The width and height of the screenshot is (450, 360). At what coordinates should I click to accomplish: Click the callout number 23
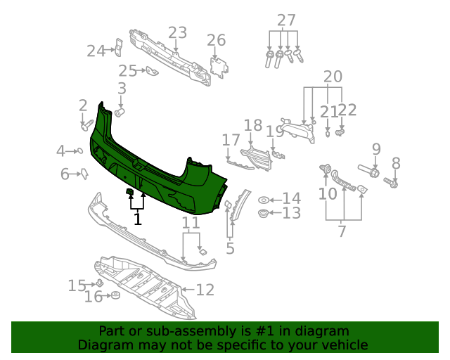(x=177, y=32)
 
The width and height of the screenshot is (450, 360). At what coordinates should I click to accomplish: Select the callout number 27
(x=286, y=20)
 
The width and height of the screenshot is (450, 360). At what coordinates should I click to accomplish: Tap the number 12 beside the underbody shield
(x=205, y=289)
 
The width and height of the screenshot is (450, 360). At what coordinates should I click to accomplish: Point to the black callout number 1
(x=138, y=219)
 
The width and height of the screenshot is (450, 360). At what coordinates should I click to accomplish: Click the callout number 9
(x=376, y=149)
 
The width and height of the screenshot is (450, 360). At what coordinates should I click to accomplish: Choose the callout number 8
(x=396, y=163)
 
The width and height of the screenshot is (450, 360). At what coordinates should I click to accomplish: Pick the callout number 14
(x=291, y=199)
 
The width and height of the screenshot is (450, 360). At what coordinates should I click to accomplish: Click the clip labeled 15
(x=100, y=283)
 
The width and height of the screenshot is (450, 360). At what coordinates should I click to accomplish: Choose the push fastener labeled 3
(x=119, y=112)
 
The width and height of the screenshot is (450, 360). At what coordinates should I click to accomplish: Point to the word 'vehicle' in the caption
(x=343, y=345)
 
